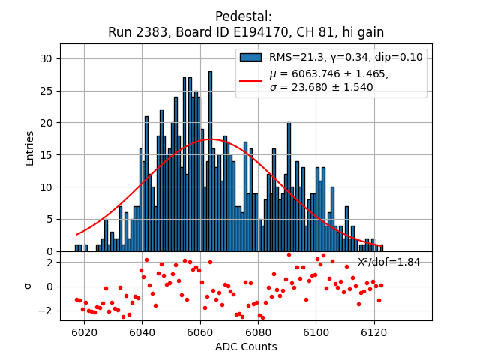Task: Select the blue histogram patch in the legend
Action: coord(250,57)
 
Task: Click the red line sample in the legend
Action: coord(250,79)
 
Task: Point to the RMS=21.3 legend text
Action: coord(298,57)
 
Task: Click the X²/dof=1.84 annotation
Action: coord(388,262)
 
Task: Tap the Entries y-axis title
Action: coord(30,148)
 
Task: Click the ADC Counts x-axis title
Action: coord(246,346)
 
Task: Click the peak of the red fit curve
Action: coord(212,139)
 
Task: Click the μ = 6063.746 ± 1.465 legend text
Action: coord(329,73)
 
